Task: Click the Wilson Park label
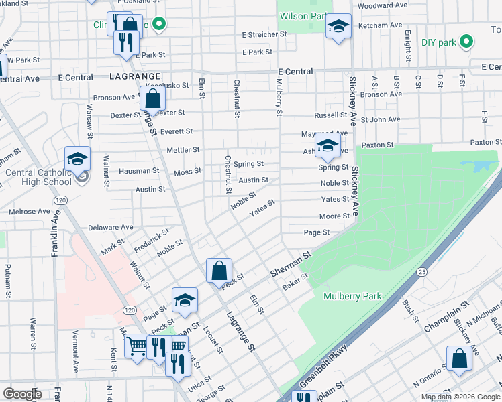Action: [x=302, y=16]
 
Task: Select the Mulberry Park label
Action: [x=352, y=296]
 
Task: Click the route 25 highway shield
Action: [x=421, y=271]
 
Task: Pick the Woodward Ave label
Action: [x=383, y=5]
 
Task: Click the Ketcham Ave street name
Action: [x=381, y=25]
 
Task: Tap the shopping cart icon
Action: [x=137, y=346]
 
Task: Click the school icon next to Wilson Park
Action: [x=338, y=27]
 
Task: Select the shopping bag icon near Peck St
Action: [x=219, y=271]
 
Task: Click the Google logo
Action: [x=21, y=394]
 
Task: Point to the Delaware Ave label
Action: [x=107, y=228]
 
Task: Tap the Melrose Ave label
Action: [x=30, y=212]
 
